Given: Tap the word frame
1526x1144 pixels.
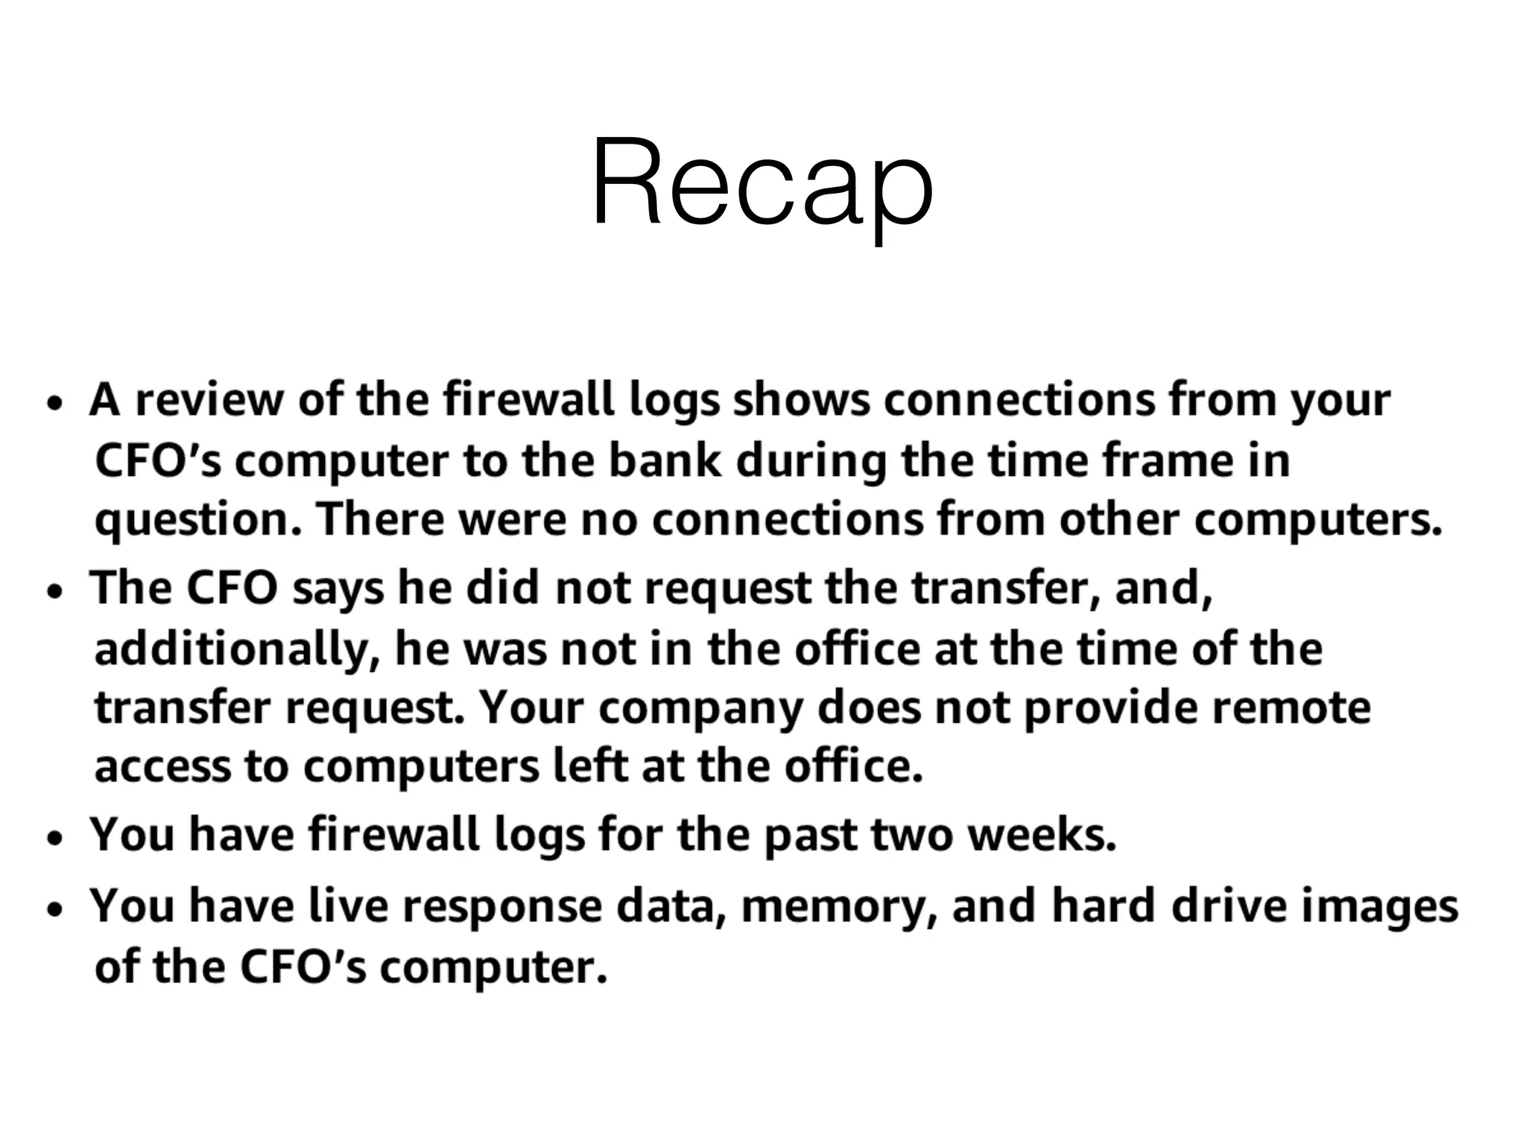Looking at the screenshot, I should [x=1161, y=460].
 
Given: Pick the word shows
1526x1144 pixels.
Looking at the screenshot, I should [x=801, y=400].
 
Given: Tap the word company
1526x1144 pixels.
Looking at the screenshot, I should [x=700, y=708].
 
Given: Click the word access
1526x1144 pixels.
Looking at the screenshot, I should [x=162, y=767].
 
